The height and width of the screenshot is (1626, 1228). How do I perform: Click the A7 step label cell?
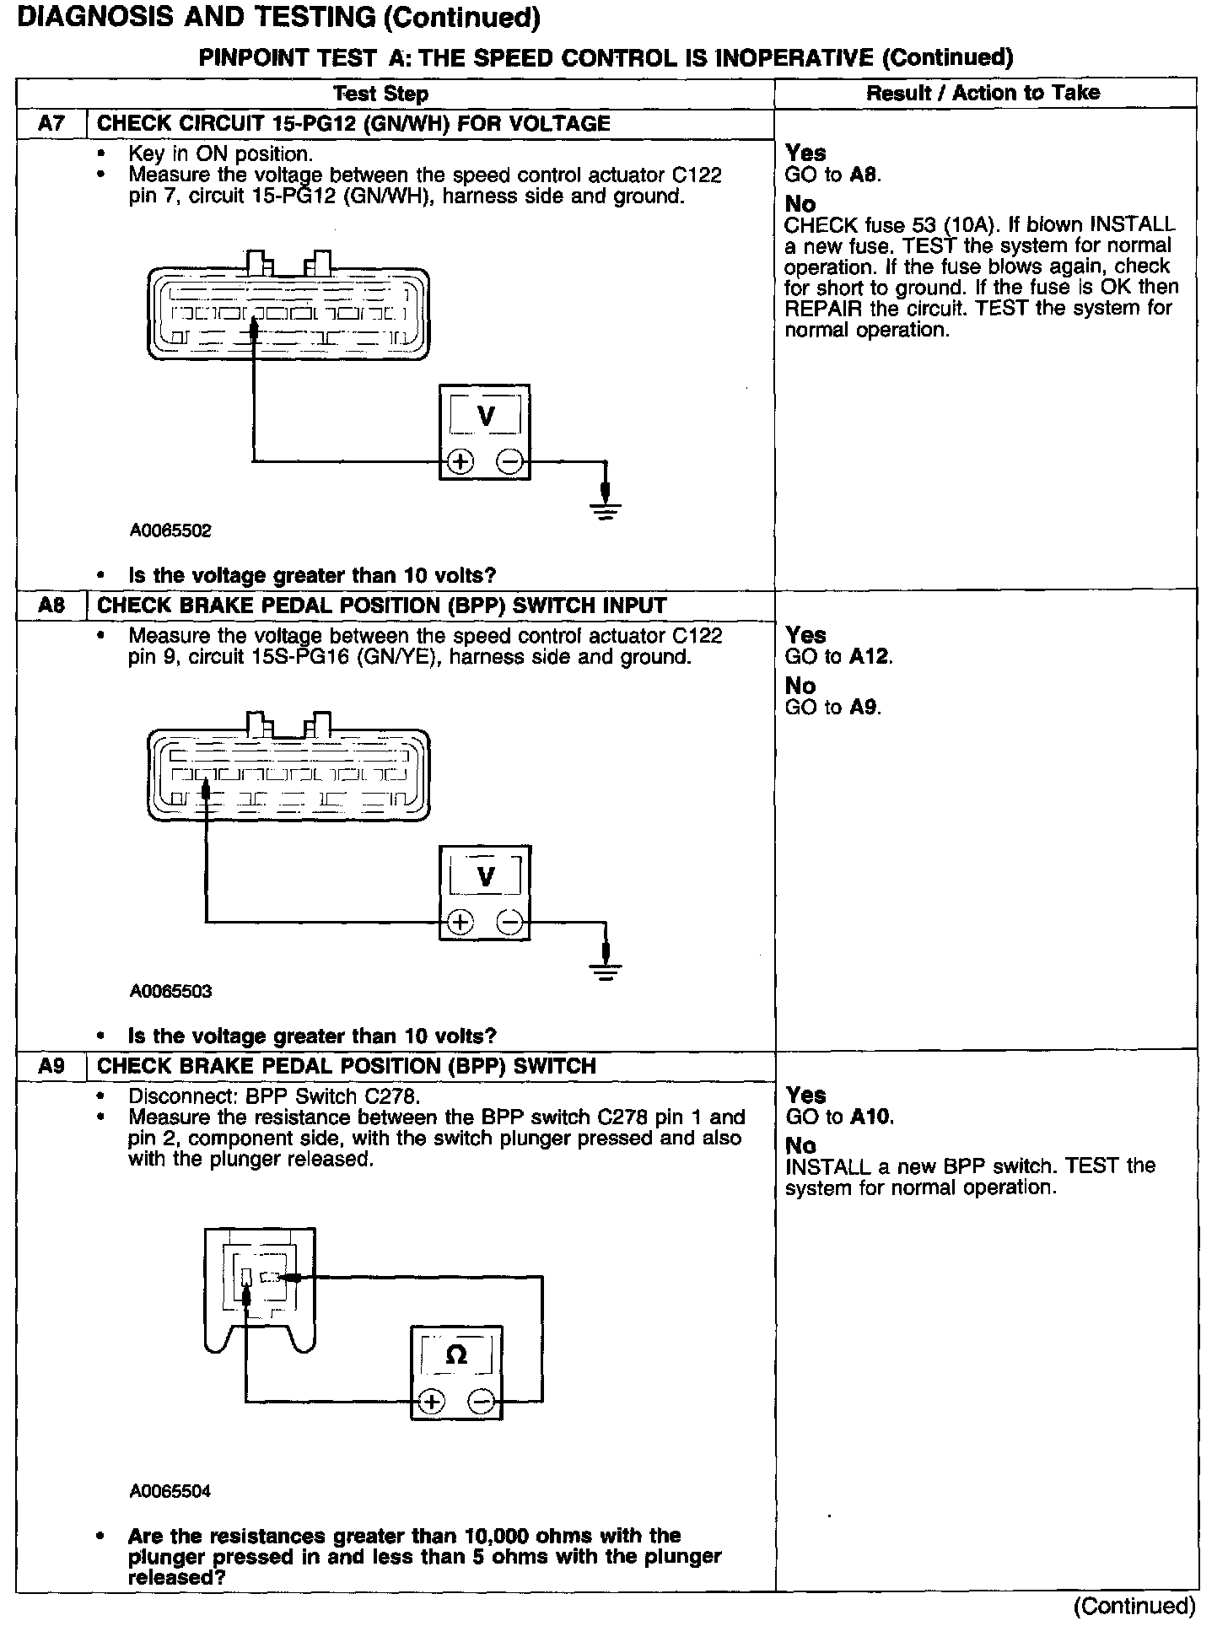51,124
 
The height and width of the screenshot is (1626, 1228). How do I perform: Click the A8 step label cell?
51,606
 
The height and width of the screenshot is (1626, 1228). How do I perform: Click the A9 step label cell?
51,1066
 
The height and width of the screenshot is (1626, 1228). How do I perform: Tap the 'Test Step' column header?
380,94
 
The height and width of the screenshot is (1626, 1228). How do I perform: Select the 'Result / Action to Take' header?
983,93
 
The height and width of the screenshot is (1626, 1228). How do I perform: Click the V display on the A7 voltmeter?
486,416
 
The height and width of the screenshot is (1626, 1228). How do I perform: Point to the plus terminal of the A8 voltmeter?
460,923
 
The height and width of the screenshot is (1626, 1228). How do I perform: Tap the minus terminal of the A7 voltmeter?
509,462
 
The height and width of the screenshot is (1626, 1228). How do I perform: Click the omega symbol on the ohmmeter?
455,1355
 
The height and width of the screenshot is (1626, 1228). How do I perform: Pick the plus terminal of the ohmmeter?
431,1402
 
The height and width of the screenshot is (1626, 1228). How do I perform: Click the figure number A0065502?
170,531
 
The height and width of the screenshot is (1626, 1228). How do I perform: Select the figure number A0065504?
170,1491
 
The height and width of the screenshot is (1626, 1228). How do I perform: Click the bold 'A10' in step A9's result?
870,1117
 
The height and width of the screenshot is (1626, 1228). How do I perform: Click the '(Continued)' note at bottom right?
1135,1606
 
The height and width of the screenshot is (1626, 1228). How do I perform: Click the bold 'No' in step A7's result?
800,204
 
